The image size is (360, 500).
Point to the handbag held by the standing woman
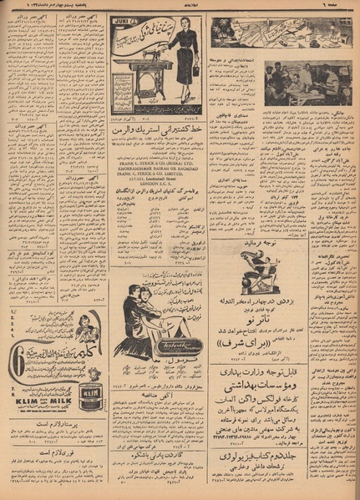click(194, 71)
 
